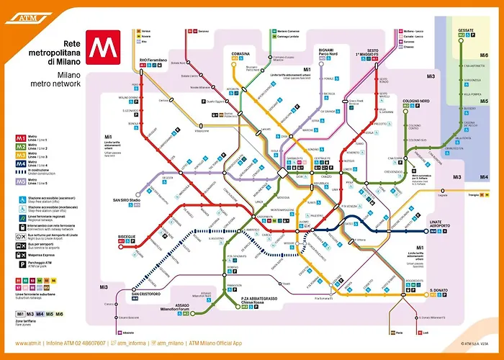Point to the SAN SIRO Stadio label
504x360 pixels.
(126, 199)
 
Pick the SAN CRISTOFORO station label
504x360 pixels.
(145, 292)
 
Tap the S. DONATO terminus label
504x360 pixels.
(440, 291)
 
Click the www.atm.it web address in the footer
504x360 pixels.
(30, 343)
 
